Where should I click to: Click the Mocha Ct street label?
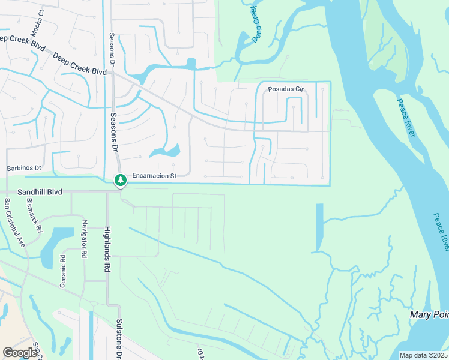coord(41,10)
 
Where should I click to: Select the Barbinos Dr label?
coord(23,168)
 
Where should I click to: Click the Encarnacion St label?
coord(154,176)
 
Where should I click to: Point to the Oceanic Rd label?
coord(62,272)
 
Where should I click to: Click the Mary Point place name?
coord(429,314)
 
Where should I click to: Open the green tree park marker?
coord(121,180)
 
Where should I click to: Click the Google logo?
coord(20,353)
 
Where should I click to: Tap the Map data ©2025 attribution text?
coord(423,355)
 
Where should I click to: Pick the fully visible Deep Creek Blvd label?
coord(79,64)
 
